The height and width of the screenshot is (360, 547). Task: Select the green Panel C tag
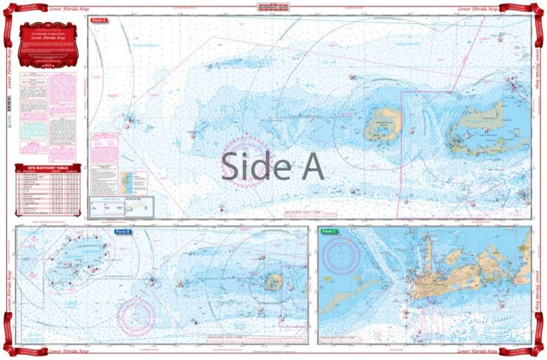point(328,232)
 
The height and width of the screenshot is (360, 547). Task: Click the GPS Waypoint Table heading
point(47,168)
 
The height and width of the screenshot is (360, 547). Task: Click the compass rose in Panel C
point(340,254)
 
